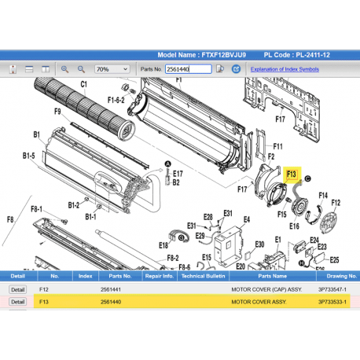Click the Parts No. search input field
pos(188,69)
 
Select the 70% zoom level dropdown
pos(112,69)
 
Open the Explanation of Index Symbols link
pos(285,69)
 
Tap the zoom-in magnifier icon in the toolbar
pos(64,69)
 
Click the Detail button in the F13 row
pos(18,302)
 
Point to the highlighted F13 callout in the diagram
pos(292,174)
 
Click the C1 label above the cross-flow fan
pos(83,84)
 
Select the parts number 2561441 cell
pos(111,289)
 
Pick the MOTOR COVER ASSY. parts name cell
pos(259,302)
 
